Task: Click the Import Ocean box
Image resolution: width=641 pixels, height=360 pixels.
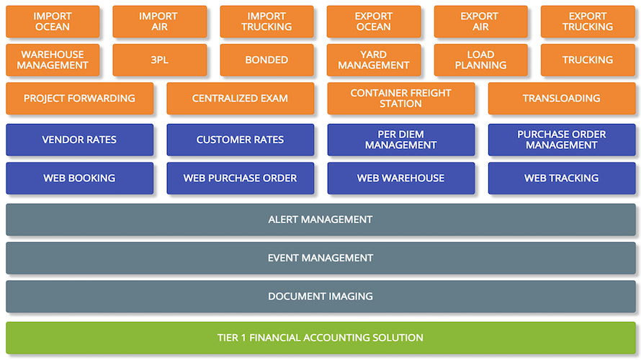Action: (x=53, y=22)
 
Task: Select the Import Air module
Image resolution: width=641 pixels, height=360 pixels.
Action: (x=159, y=22)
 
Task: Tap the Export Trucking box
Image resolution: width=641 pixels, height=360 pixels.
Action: (x=588, y=22)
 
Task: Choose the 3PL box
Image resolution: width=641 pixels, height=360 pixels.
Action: (x=159, y=60)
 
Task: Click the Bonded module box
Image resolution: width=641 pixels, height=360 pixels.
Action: (x=266, y=60)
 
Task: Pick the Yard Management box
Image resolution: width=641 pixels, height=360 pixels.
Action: (x=374, y=60)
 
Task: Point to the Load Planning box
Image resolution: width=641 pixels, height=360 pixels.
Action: (x=481, y=60)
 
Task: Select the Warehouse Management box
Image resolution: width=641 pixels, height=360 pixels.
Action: (x=53, y=60)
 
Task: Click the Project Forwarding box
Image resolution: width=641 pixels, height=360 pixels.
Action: (x=80, y=99)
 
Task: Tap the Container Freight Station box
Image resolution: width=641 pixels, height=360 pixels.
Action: (x=401, y=99)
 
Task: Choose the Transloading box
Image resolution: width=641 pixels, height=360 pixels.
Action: (x=562, y=99)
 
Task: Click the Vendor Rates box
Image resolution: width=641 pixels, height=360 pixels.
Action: (x=80, y=140)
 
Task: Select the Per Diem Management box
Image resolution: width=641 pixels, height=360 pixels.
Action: (x=401, y=140)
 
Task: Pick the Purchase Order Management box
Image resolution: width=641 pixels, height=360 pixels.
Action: (x=562, y=140)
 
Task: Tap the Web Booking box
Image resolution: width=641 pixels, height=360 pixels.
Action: (x=80, y=178)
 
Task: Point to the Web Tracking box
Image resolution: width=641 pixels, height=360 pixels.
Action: (x=562, y=178)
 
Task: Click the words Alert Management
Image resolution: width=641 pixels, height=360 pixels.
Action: (x=320, y=220)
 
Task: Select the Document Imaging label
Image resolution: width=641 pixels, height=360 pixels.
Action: (x=320, y=297)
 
